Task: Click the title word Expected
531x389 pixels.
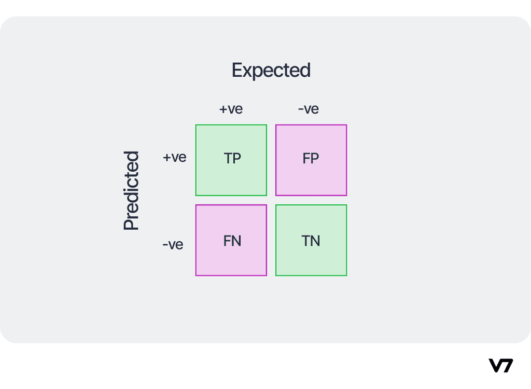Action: pos(271,70)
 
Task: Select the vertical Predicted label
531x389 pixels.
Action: pos(132,190)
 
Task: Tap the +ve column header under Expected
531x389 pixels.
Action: pos(231,109)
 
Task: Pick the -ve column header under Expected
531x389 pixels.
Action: pos(309,109)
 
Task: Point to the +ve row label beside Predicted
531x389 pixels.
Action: pos(174,157)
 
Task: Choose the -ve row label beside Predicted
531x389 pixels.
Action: pos(173,244)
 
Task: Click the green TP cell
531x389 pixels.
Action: pos(231,160)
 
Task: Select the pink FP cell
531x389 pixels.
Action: pos(311,160)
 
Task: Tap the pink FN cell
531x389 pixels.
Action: pos(231,240)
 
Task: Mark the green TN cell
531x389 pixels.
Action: pos(311,240)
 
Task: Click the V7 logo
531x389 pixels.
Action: pos(500,365)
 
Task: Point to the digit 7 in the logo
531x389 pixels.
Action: pos(507,365)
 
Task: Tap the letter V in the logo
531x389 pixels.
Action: pos(495,365)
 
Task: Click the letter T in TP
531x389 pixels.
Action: pos(228,159)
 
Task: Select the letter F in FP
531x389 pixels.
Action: pos(306,159)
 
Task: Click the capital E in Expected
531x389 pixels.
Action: pos(236,70)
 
